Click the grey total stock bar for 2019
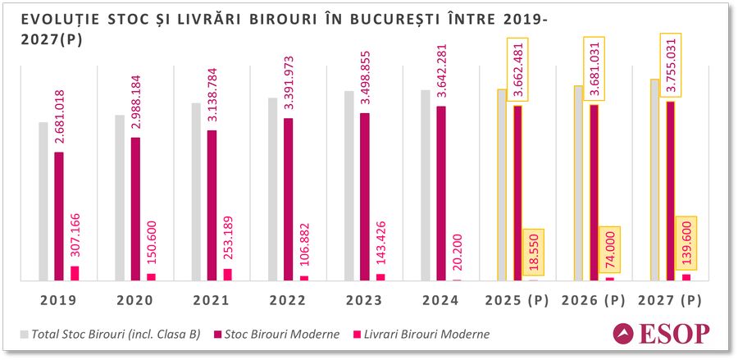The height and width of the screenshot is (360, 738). [x=43, y=201]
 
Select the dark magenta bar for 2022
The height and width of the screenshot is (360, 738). [x=289, y=199]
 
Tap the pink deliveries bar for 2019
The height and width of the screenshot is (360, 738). [x=75, y=273]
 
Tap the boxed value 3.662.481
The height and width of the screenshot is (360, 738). [x=518, y=70]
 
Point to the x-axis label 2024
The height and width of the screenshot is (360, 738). [x=441, y=301]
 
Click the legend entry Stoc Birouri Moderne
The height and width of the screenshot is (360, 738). [x=277, y=335]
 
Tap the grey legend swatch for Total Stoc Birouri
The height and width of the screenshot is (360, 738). [x=24, y=335]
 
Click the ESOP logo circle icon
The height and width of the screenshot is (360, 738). [x=625, y=335]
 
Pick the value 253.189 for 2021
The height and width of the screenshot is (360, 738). [x=228, y=233]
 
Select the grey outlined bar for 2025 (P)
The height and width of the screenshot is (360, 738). [x=502, y=185]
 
